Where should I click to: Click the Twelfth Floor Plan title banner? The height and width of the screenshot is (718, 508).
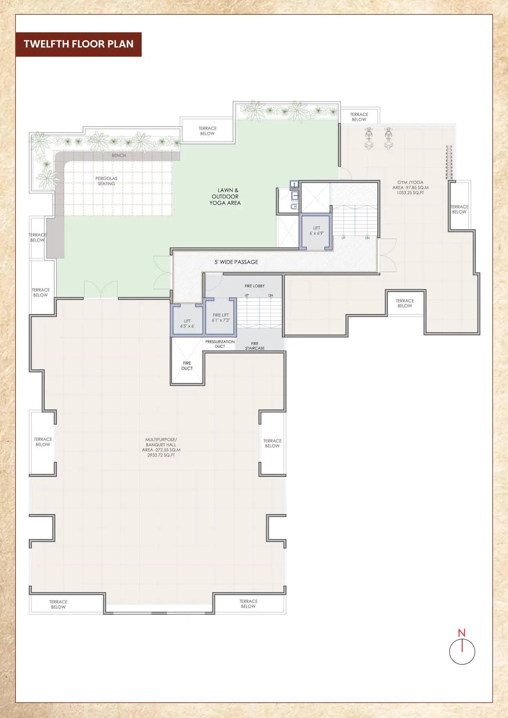(x=79, y=45)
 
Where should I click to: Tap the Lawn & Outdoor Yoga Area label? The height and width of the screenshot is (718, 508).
(x=225, y=197)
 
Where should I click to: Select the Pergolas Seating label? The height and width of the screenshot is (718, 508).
(x=107, y=181)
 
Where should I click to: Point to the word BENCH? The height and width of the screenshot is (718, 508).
(x=119, y=155)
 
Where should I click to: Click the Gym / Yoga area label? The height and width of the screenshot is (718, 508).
(x=410, y=187)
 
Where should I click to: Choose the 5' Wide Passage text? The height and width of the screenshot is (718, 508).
(x=236, y=262)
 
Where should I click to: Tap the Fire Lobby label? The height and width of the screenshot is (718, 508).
(x=255, y=286)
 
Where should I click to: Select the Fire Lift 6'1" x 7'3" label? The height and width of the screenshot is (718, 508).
(x=221, y=318)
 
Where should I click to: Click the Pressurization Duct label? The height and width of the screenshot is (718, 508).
(x=220, y=344)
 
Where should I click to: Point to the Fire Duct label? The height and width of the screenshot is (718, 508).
(x=187, y=366)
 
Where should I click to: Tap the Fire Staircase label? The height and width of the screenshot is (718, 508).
(x=255, y=346)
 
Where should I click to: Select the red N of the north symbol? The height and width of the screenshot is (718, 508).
(x=462, y=633)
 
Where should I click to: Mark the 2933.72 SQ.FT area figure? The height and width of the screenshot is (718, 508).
(x=161, y=455)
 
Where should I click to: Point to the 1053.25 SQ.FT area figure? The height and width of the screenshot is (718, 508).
(x=410, y=193)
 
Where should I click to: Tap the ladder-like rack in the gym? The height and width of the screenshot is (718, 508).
(x=449, y=162)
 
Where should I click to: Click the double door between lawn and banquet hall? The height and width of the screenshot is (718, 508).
(x=101, y=290)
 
